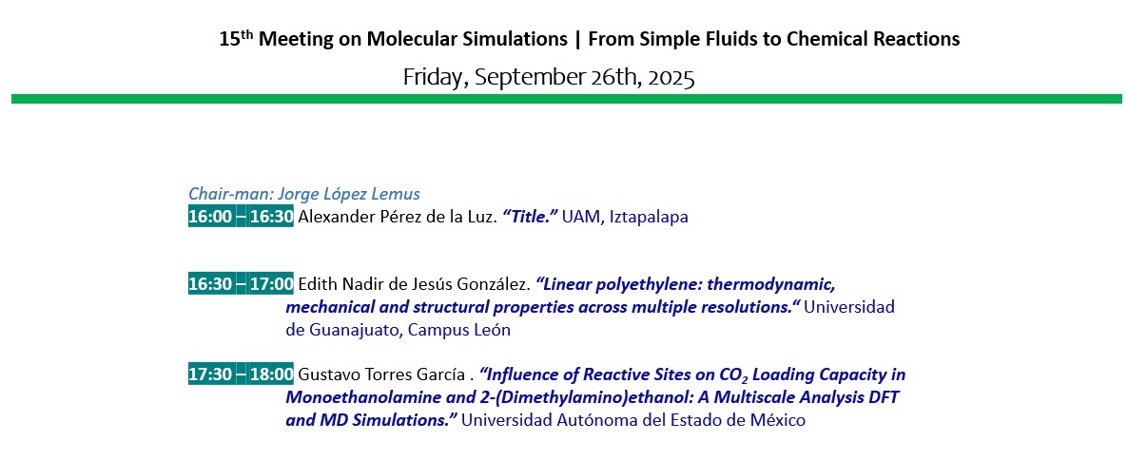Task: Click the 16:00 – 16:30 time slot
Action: tap(241, 217)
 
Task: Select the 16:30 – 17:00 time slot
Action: tap(241, 284)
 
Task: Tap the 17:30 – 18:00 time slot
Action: tap(241, 375)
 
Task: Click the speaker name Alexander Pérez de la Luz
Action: tap(398, 217)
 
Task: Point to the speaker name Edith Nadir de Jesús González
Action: tap(415, 284)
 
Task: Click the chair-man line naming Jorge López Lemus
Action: tap(304, 194)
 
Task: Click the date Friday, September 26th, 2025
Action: tap(549, 77)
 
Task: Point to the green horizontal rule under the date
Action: tap(566, 99)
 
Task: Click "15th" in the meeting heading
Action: tap(236, 38)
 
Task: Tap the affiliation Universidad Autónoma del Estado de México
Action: tap(633, 420)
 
